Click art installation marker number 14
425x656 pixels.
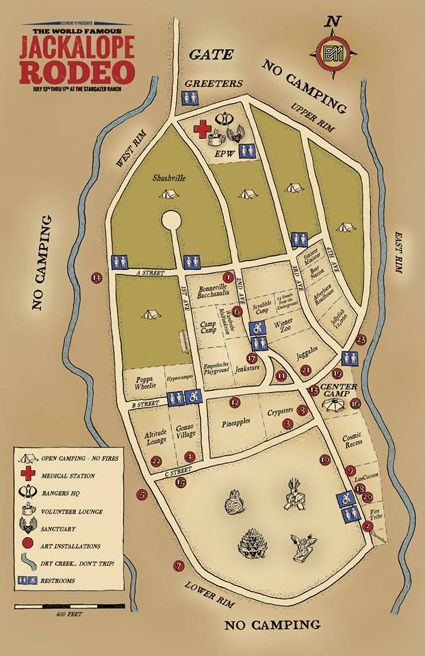pos(96,277)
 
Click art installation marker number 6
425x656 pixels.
pos(237,311)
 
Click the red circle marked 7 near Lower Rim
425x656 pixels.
pos(179,566)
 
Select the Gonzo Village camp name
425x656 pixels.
pos(185,429)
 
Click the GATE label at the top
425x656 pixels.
pos(211,54)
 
